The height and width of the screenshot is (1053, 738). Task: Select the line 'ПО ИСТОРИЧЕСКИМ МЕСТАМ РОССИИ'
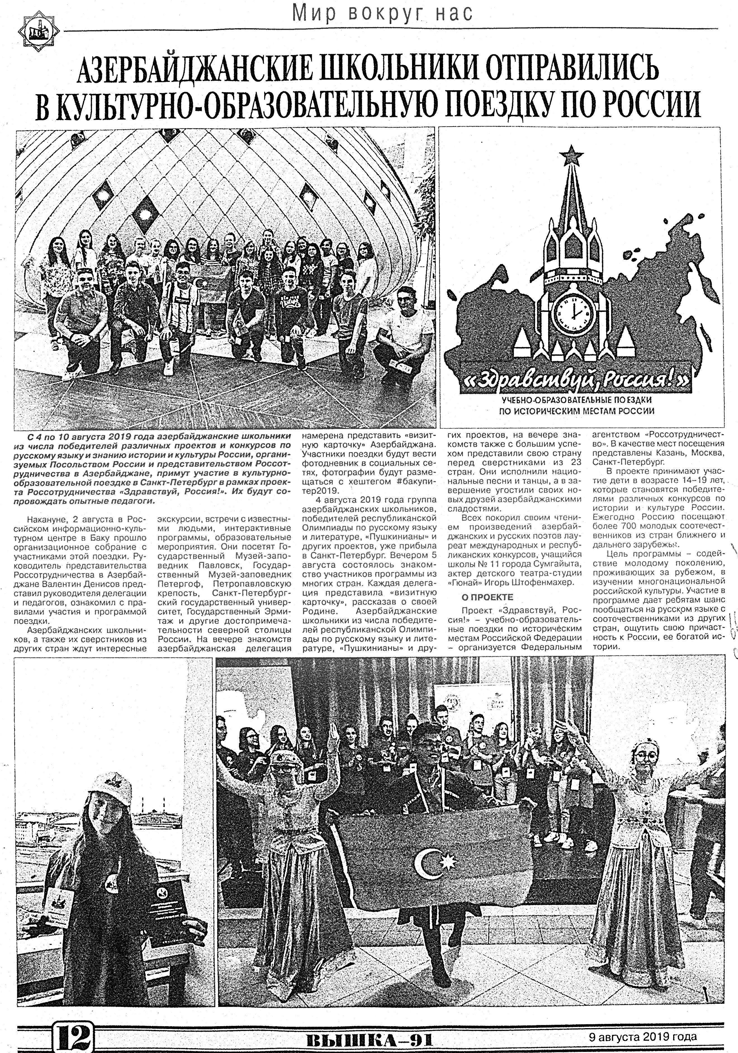576,411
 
